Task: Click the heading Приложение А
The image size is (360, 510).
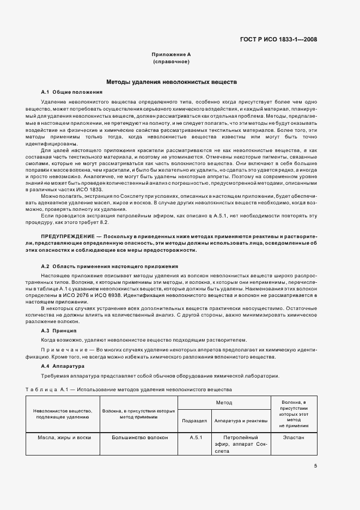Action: coord(171,55)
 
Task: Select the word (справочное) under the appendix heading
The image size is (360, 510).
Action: coord(171,62)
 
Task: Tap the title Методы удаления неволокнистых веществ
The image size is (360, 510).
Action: coord(171,81)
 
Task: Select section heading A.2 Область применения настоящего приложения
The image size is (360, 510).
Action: coord(109,266)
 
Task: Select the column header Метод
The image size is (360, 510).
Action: coord(224,403)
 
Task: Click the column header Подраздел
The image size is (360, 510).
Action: coord(194,421)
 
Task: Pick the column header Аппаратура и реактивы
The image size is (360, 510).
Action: coord(241,421)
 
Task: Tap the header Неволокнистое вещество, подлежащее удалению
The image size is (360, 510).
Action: coord(63,414)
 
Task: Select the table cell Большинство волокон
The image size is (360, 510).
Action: coord(140,438)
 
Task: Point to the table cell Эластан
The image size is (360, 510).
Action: coord(294,438)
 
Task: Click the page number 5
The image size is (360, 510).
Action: coord(315,465)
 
